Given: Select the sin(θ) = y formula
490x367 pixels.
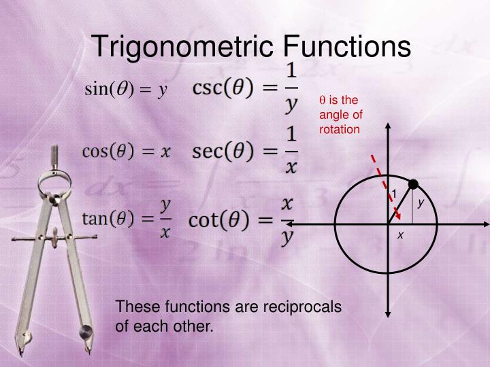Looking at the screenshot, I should pyautogui.click(x=125, y=89).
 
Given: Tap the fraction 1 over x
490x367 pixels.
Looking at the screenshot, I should pyautogui.click(x=291, y=151).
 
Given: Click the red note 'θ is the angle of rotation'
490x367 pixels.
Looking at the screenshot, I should pyautogui.click(x=340, y=114).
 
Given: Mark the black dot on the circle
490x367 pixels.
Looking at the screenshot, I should pyautogui.click(x=412, y=183).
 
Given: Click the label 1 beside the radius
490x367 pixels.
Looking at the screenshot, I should pyautogui.click(x=393, y=195).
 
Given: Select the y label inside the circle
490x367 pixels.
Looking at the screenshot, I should pyautogui.click(x=421, y=203).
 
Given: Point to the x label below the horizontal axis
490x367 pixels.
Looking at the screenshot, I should pyautogui.click(x=401, y=234).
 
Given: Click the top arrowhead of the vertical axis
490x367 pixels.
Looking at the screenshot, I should pyautogui.click(x=387, y=127).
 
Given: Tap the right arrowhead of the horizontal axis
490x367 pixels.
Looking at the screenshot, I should pyautogui.click(x=485, y=222).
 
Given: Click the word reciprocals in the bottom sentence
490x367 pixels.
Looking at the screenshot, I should pyautogui.click(x=292, y=307).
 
